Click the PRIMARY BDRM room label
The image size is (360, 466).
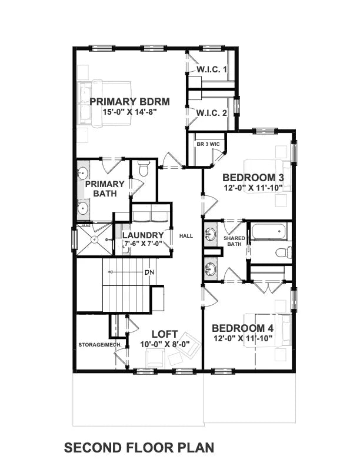tap(123, 101)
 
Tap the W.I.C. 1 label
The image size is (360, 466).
tap(211, 70)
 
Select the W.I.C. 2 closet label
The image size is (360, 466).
tap(211, 113)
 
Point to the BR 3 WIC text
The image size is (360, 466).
tap(203, 144)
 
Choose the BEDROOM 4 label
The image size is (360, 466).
tap(243, 328)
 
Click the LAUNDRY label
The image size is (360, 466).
tap(142, 236)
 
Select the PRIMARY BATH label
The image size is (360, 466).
tap(105, 188)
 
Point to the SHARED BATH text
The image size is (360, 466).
tap(234, 241)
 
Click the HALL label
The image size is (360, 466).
tap(186, 236)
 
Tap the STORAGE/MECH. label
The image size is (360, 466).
tap(96, 345)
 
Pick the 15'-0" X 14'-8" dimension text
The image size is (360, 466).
tap(123, 112)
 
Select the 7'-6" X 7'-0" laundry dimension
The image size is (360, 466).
tap(142, 245)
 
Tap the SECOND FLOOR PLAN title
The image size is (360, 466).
tap(139, 448)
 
